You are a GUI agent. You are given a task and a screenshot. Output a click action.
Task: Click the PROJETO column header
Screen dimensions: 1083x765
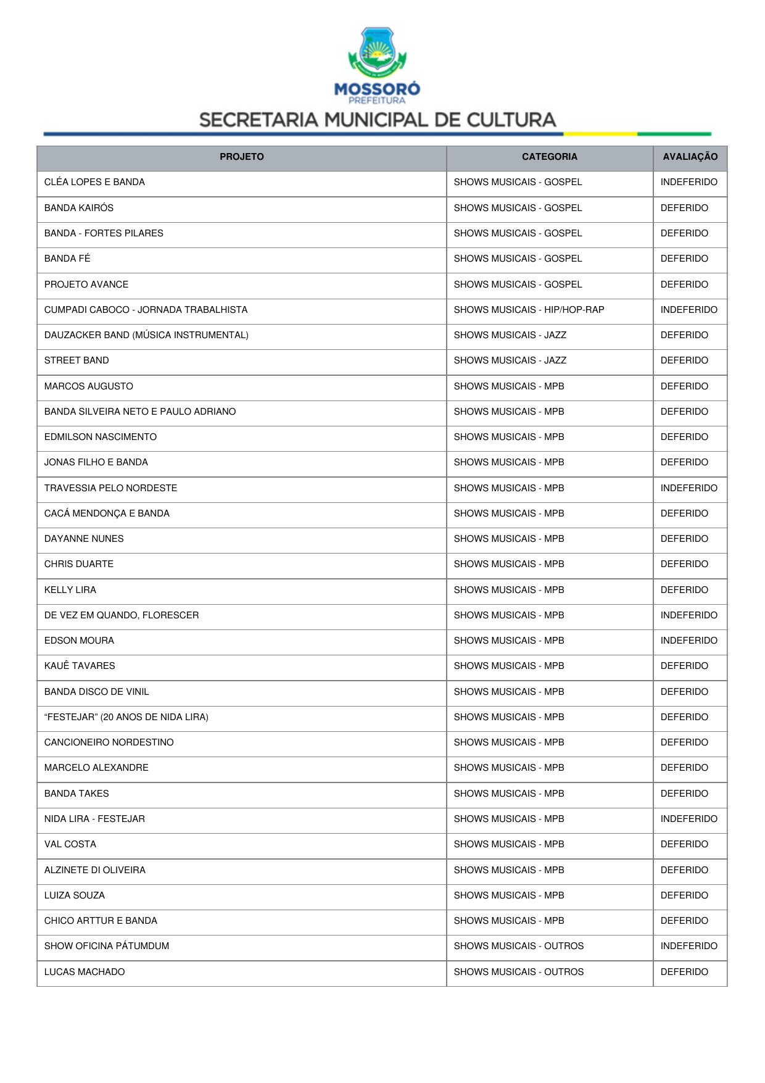[x=241, y=157]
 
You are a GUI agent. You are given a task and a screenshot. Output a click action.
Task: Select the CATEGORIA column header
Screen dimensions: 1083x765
[x=549, y=157]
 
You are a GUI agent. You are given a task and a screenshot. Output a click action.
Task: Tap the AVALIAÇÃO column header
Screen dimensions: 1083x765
[x=690, y=157]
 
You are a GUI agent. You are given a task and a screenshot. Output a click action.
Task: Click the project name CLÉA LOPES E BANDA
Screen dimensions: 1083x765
[x=94, y=182]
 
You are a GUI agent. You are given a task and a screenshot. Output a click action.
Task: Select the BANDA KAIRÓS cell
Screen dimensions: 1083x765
[x=79, y=208]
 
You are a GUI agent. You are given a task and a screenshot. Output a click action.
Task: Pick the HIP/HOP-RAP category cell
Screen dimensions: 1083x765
[x=529, y=310]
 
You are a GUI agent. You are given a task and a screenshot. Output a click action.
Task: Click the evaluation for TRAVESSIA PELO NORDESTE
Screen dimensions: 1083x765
[x=688, y=488]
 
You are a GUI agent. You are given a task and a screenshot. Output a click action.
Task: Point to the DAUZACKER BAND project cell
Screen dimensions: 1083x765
[x=146, y=335]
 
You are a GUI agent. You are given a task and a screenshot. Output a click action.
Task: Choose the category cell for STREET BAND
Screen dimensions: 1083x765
[x=510, y=360]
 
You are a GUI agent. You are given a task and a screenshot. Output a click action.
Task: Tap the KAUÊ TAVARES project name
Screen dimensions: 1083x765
[x=80, y=666]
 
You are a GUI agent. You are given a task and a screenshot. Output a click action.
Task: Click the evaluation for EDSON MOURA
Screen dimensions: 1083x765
[x=688, y=641]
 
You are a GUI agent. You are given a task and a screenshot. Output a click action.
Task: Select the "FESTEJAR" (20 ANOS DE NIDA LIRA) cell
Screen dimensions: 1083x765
[x=126, y=717]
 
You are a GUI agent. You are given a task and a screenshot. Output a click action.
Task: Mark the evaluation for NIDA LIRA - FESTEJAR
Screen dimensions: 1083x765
[x=688, y=819]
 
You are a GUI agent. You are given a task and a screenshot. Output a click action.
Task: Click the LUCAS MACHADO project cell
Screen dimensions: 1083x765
[x=85, y=972]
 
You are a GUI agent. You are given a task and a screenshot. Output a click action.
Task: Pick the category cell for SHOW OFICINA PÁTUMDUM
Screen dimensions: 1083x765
[x=518, y=946]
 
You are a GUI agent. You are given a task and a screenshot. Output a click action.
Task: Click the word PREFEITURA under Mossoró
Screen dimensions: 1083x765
[x=377, y=101]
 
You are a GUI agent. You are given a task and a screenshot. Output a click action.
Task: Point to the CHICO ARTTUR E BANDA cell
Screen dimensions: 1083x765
[x=101, y=921]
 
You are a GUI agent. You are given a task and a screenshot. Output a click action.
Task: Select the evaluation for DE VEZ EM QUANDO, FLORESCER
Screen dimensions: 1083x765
[x=688, y=615]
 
